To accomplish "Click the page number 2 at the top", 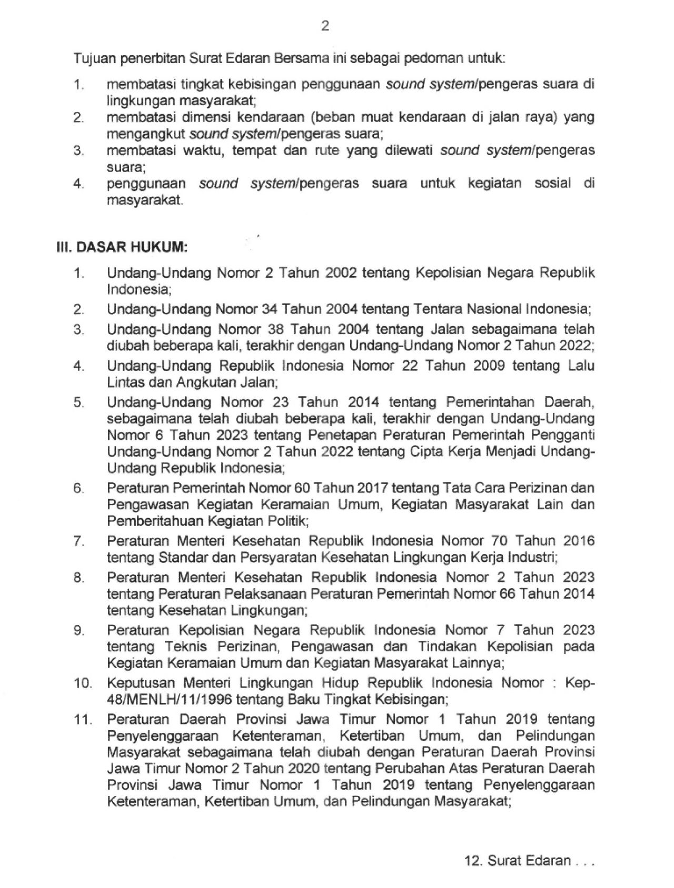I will tap(325, 26).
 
